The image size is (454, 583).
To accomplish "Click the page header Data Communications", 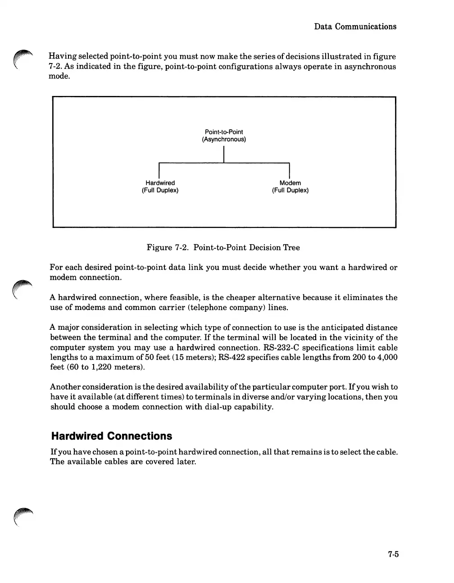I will coord(355,27).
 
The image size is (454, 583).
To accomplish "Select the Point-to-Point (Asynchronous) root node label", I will coord(224,136).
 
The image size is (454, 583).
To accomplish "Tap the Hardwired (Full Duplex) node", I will coord(160,187).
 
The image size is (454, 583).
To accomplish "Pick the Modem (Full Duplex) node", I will coord(290,187).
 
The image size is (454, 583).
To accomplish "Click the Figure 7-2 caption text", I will coord(223,247).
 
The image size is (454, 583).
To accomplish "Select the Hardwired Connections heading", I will coord(111,436).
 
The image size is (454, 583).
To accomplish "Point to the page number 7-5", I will coord(393,555).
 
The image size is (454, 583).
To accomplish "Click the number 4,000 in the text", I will coord(387,357).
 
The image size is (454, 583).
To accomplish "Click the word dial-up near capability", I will coord(214,407).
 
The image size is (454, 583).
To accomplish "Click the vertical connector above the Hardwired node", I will coord(159,171).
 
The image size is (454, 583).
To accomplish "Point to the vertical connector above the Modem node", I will coord(289,171).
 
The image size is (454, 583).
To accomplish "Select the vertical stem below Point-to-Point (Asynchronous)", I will coord(224,153).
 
